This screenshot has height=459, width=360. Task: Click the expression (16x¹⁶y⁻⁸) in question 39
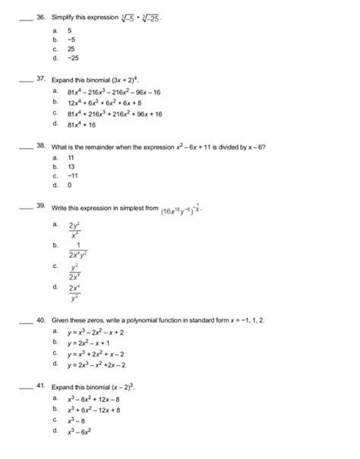(181, 210)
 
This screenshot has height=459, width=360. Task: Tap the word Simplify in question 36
(64, 14)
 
